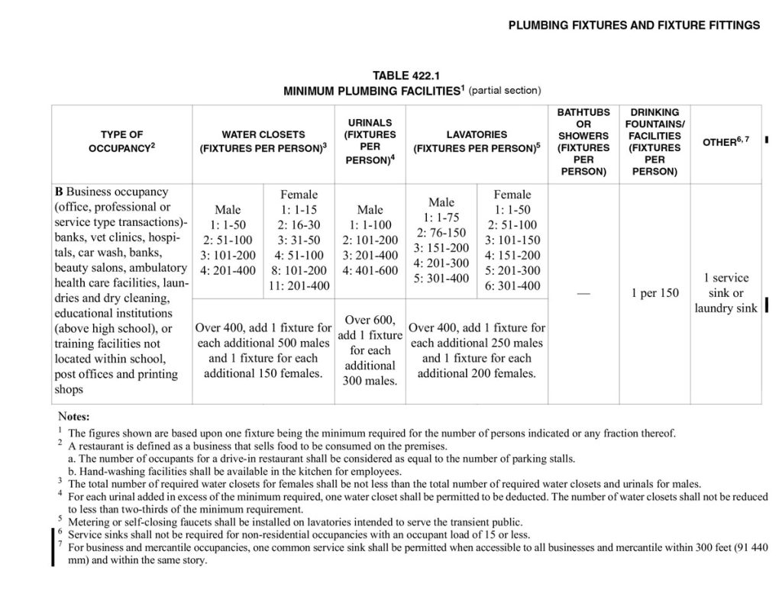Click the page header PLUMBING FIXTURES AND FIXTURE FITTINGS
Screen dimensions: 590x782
[634, 25]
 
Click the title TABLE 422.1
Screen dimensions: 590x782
[406, 75]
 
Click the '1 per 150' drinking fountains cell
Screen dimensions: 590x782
[654, 294]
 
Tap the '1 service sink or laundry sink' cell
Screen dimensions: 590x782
[725, 293]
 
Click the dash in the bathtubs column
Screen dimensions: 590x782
[583, 294]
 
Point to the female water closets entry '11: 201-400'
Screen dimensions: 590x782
[299, 286]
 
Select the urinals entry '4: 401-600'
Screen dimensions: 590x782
[370, 271]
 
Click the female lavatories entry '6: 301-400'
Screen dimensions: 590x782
[512, 286]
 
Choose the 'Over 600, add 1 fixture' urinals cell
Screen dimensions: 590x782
[370, 327]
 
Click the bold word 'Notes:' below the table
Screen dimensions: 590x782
[74, 417]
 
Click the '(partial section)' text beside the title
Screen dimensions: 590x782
[505, 90]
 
